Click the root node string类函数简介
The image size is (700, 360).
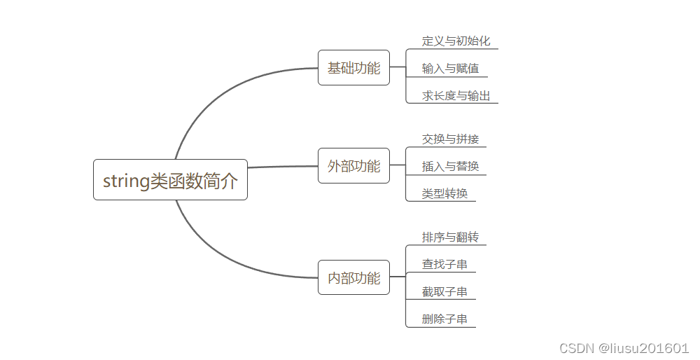(170, 180)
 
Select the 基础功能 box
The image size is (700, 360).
(353, 68)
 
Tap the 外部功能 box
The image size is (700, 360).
(353, 166)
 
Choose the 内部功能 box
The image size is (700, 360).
(353, 277)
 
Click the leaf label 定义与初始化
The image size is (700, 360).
(456, 41)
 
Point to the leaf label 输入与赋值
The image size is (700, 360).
(450, 68)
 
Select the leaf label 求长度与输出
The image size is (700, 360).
(456, 95)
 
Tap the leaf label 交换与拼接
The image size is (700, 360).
(450, 139)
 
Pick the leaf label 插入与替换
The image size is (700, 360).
(450, 166)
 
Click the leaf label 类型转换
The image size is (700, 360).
(444, 193)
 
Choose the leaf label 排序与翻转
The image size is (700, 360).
(450, 237)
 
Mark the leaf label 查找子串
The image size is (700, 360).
(444, 264)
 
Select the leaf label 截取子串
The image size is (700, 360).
(444, 291)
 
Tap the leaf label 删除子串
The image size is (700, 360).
(444, 319)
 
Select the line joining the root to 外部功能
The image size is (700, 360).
(283, 167)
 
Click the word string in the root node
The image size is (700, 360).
(126, 181)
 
